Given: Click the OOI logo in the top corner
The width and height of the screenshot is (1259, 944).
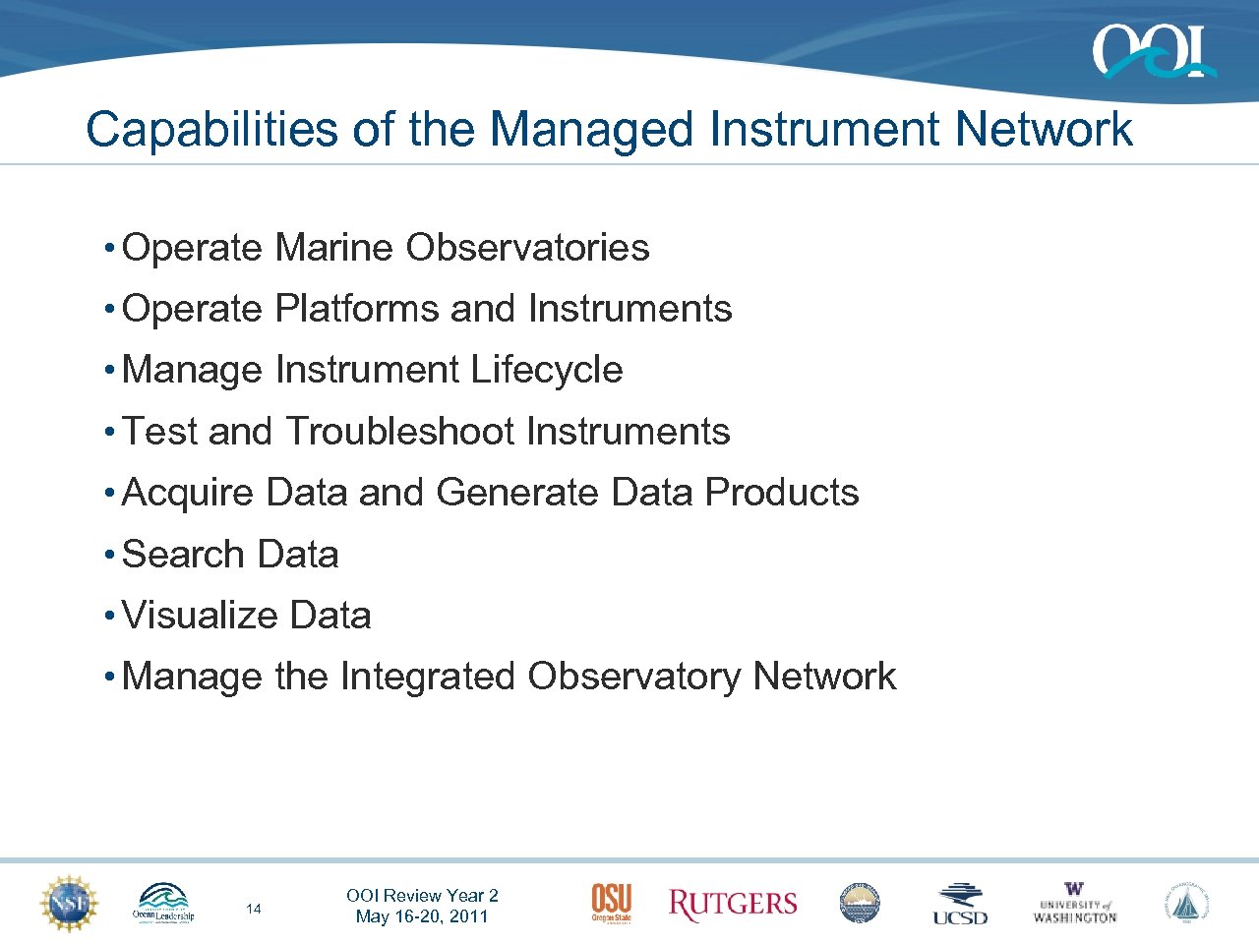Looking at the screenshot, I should (x=1153, y=51).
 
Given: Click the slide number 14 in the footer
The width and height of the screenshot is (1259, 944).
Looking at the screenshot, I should (x=254, y=909).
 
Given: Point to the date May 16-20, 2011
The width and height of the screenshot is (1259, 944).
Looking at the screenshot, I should (x=422, y=916).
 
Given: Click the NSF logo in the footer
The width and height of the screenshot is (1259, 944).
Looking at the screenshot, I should (x=69, y=903).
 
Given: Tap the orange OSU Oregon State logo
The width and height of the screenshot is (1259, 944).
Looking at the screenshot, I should (x=611, y=903).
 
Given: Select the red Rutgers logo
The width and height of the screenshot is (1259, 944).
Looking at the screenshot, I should (x=732, y=904).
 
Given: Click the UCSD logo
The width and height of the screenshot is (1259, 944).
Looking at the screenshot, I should (x=960, y=904).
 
